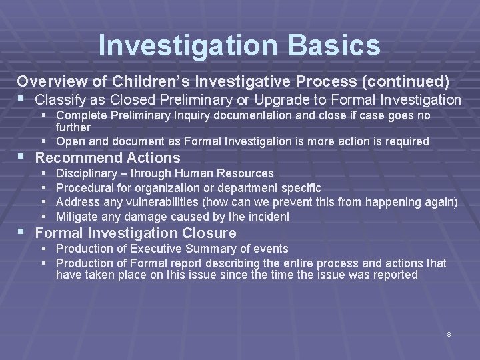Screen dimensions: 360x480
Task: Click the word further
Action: point(73,127)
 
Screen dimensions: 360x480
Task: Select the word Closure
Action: point(211,233)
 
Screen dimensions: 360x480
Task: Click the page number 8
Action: point(449,333)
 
